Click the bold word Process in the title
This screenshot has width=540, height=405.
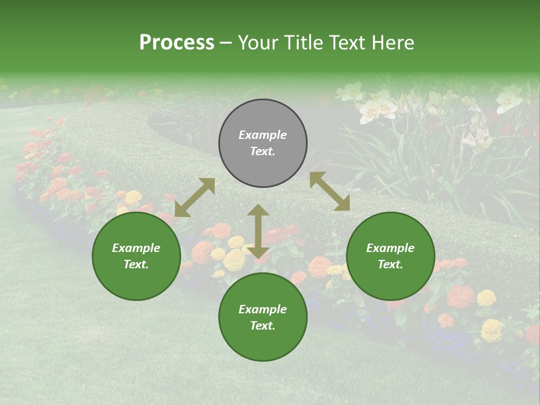tap(177, 43)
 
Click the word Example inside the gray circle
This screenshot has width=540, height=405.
tap(263, 135)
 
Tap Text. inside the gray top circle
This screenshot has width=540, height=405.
tap(263, 151)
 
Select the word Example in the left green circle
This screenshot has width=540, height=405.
tap(136, 248)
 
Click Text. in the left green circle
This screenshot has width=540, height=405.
tap(136, 264)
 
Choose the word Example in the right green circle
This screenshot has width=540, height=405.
tap(390, 248)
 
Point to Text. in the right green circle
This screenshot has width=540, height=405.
tap(390, 264)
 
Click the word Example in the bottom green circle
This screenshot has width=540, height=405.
tap(263, 309)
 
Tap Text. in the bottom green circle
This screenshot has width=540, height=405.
tap(263, 326)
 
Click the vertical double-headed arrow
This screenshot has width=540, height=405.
tap(258, 231)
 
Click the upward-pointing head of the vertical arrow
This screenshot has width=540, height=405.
tap(258, 210)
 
